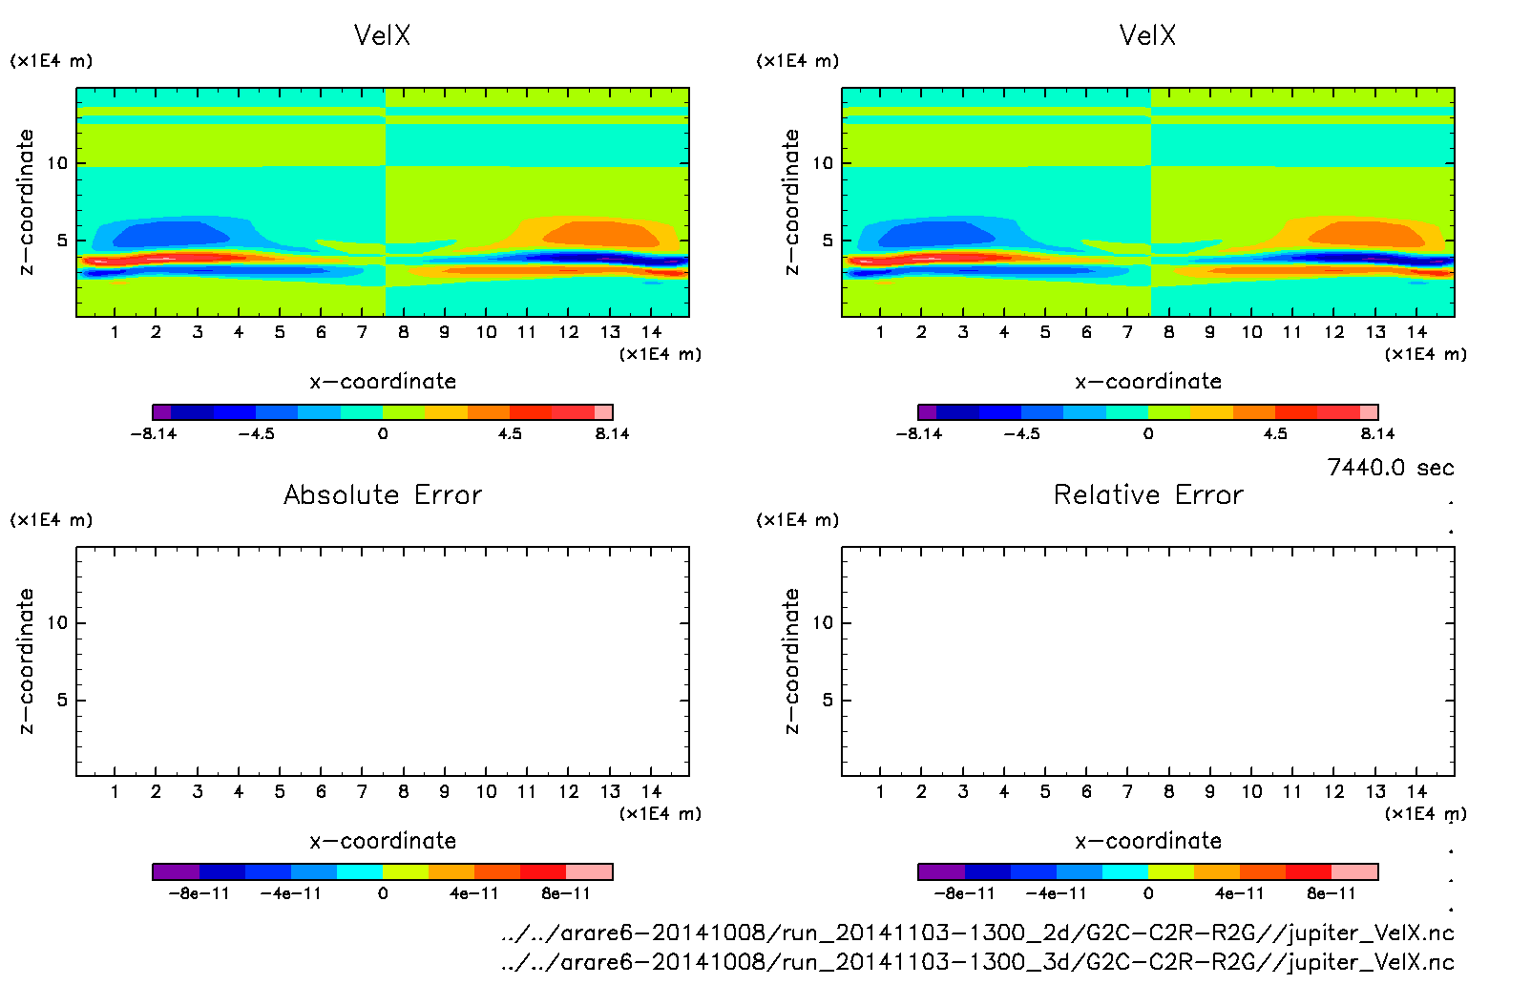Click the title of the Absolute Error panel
pos(383,494)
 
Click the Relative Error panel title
pos(1148,494)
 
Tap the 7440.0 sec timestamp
pos(1390,468)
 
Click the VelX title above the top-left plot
pos(382,35)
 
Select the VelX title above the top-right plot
pos(1147,35)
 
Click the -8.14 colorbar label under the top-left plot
pos(154,433)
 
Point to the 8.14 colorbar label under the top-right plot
pos(1376,433)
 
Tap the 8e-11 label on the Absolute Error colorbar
pos(566,893)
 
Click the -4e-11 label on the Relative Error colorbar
pos(1057,893)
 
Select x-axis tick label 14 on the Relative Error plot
pos(1416,791)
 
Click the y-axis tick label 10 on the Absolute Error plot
pos(58,622)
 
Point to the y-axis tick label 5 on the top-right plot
pos(828,241)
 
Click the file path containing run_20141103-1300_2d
pos(977,933)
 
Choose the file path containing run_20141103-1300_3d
pos(977,962)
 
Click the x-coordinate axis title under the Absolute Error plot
pos(383,841)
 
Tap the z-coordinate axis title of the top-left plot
pos(26,201)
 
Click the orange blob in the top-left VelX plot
pos(597,233)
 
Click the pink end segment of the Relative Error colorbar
pos(1354,871)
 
